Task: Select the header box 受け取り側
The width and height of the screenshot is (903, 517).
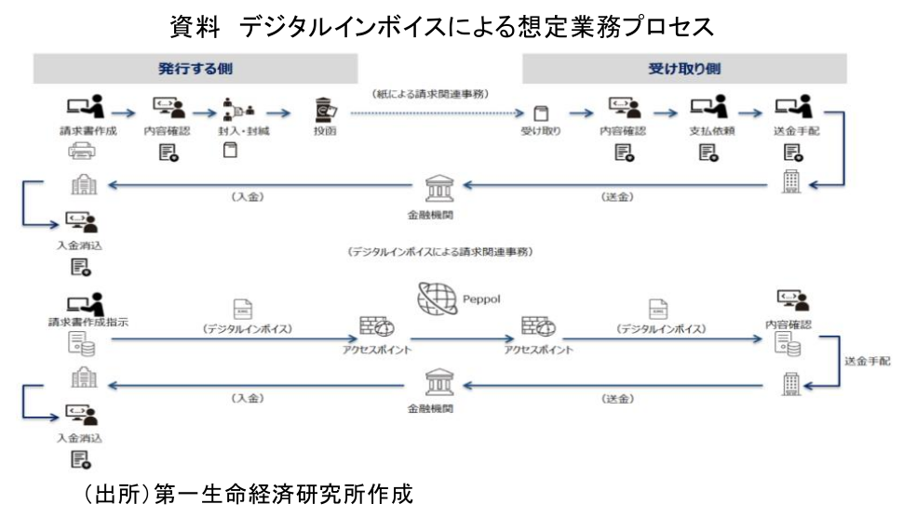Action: pos(683,69)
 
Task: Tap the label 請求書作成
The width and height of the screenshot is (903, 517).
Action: pos(88,131)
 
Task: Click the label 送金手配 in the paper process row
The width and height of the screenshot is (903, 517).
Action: pos(794,131)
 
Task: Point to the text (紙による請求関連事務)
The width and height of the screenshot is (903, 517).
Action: pos(430,94)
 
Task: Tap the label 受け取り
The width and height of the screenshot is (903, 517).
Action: pos(542,131)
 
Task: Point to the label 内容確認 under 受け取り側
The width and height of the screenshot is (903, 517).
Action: pos(623,131)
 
